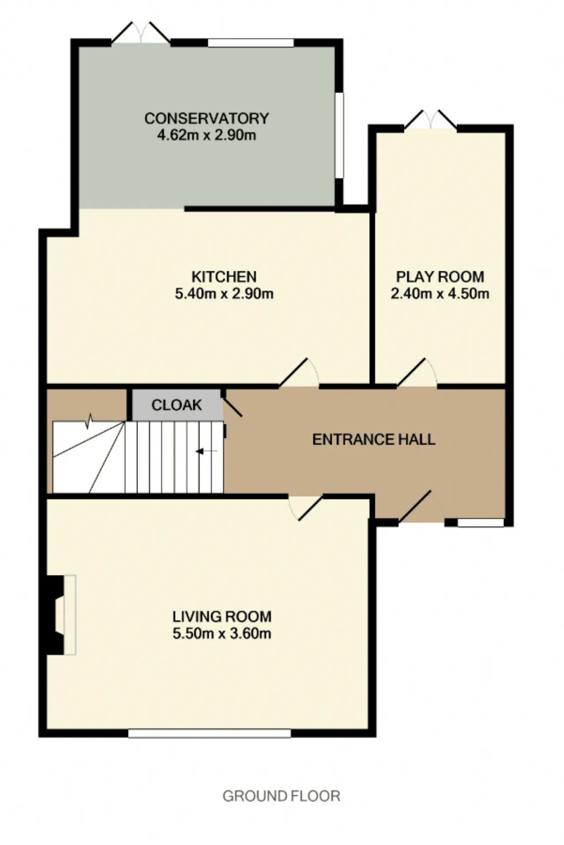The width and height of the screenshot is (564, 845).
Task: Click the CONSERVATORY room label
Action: (207, 118)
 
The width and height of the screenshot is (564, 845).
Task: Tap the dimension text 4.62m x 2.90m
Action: (207, 135)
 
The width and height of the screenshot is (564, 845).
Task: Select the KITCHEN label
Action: (224, 277)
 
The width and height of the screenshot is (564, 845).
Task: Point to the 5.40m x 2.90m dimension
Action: (224, 293)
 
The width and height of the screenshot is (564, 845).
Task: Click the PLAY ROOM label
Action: (440, 277)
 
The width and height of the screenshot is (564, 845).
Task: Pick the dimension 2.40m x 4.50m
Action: (440, 293)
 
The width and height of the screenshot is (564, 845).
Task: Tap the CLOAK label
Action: (177, 405)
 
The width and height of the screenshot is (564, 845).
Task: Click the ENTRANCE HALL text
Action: (374, 439)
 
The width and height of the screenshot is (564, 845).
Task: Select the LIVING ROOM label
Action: (222, 616)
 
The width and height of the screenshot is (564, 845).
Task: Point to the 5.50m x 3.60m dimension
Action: (222, 633)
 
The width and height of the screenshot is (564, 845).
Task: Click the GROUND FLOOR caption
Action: (281, 796)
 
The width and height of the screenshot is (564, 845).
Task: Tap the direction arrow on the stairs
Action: (207, 451)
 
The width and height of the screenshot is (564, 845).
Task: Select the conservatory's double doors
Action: (141, 32)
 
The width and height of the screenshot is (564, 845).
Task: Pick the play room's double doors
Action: (430, 120)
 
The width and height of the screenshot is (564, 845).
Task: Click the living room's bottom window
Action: (210, 733)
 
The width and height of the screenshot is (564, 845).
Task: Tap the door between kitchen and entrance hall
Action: (299, 374)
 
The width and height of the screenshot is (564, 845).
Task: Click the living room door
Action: (305, 508)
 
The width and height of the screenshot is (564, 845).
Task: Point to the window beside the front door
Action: (481, 523)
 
